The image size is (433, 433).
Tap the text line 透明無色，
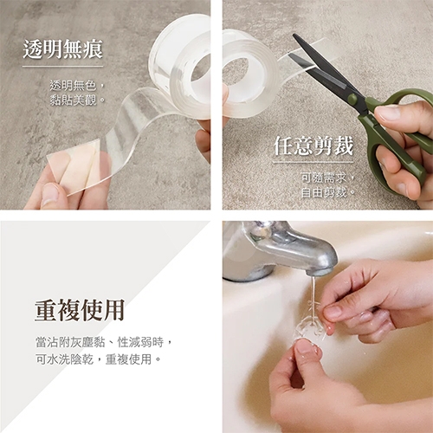click(x=77, y=86)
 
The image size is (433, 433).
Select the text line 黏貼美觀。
click(x=77, y=100)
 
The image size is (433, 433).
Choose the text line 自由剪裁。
click(x=326, y=191)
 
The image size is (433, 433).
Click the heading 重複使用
click(x=79, y=309)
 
